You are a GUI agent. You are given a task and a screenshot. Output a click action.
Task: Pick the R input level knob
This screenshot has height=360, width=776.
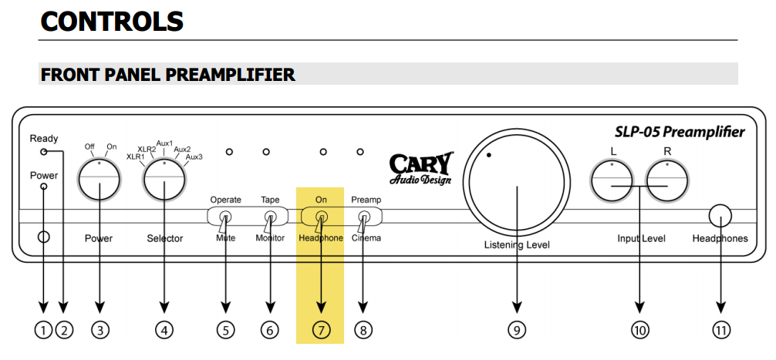click(666, 180)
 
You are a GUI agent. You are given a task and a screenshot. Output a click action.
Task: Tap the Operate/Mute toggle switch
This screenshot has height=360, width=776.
click(225, 218)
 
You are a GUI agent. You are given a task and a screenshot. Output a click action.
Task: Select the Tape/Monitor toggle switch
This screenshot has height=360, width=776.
click(270, 218)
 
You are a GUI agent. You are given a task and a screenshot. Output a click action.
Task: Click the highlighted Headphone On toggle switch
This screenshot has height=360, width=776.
click(321, 218)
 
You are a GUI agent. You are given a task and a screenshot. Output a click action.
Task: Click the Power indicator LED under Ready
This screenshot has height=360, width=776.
click(43, 187)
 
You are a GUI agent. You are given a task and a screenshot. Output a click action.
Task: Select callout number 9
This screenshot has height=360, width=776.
click(516, 330)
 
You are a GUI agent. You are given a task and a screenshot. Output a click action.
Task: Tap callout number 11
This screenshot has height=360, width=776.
click(720, 330)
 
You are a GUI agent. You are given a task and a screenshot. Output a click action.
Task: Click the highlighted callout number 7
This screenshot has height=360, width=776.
click(320, 330)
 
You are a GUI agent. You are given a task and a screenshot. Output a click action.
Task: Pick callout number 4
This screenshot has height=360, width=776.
click(164, 330)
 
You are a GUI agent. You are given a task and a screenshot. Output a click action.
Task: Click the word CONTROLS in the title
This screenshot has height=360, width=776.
click(112, 22)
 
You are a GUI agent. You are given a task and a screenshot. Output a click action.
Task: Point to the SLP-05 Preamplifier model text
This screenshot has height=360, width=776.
click(680, 132)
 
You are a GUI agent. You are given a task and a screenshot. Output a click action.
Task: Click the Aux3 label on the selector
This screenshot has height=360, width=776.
click(194, 157)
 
